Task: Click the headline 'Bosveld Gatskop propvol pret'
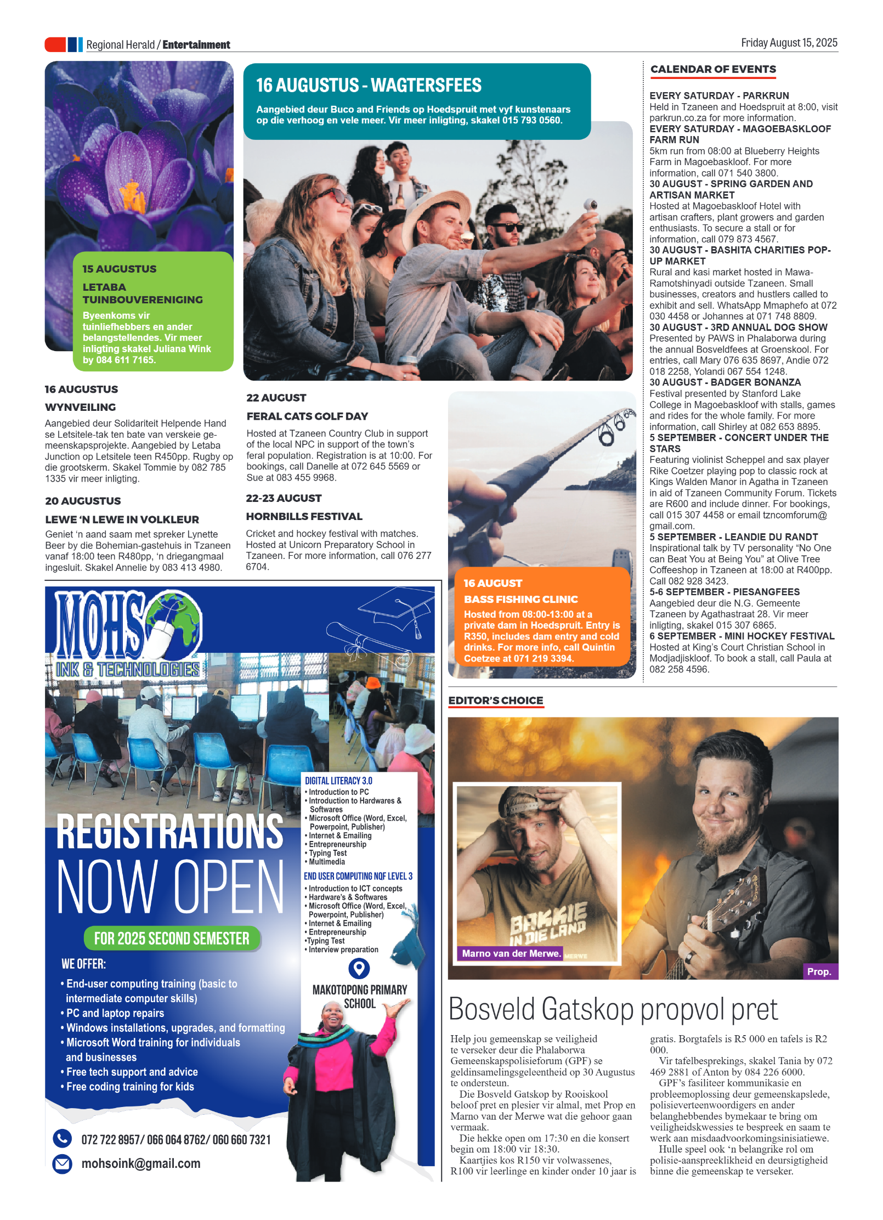tap(613, 1009)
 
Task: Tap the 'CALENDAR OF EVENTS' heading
tap(713, 69)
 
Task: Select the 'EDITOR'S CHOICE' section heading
tap(496, 701)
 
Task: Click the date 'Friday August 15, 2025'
tap(789, 43)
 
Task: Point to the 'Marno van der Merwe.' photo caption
tap(511, 953)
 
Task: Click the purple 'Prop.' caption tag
tap(819, 972)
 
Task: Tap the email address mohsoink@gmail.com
tap(141, 1163)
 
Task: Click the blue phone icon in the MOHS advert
tap(63, 1138)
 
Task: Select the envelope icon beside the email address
tap(63, 1163)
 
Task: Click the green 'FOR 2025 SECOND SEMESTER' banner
tap(172, 939)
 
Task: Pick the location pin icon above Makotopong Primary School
tap(359, 968)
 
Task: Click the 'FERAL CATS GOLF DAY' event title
tap(307, 416)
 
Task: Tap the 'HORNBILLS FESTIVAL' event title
tap(304, 516)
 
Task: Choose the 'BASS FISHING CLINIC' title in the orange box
tap(520, 599)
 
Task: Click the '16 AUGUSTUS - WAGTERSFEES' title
tap(369, 86)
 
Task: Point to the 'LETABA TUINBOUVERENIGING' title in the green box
tap(143, 293)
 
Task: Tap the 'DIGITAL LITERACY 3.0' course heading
tap(338, 781)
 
